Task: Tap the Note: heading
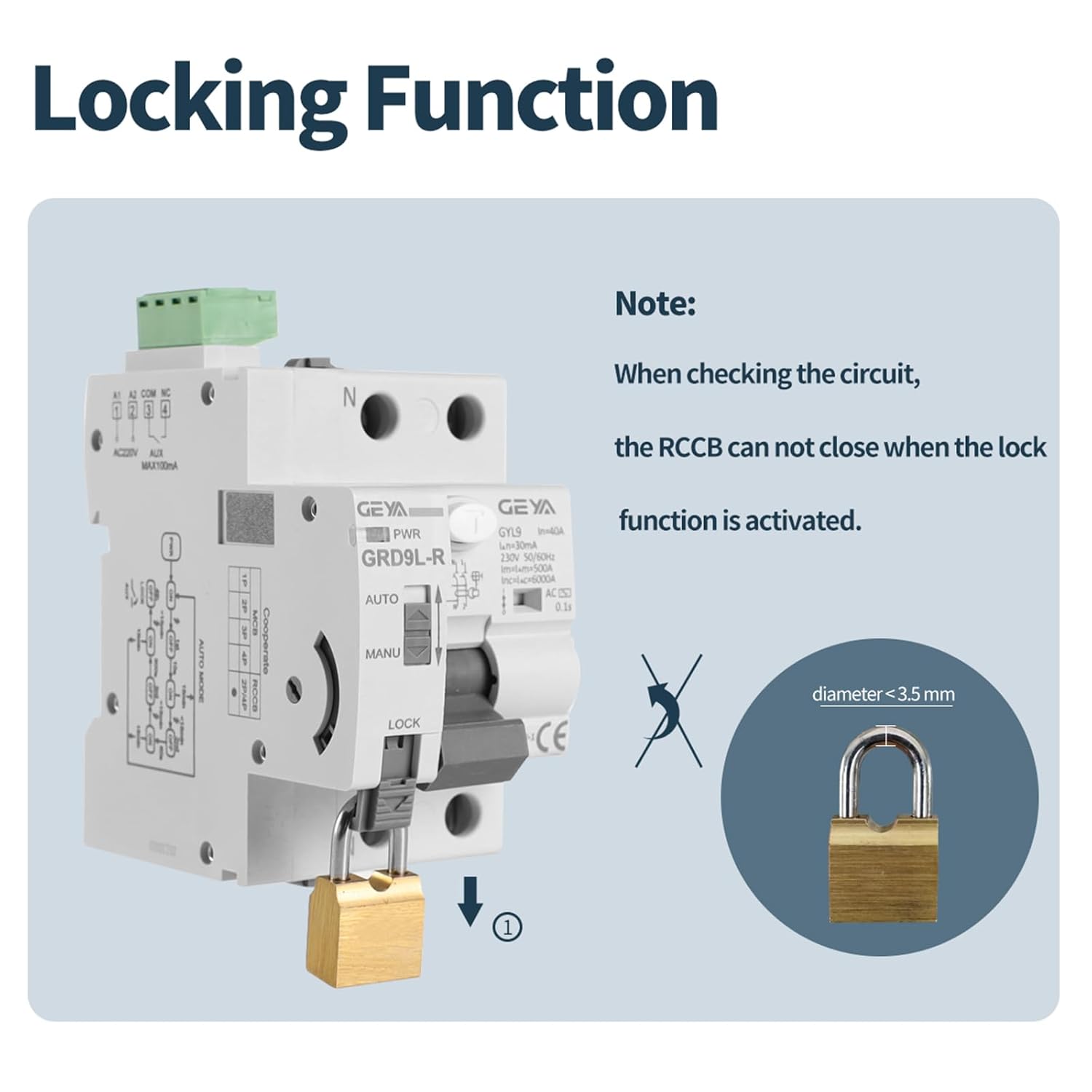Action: pos(654,304)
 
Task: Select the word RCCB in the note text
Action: pos(690,447)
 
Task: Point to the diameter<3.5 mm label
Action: pos(882,694)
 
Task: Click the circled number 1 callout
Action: pos(507,927)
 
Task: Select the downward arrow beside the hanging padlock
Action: pos(471,901)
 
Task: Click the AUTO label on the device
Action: pos(381,599)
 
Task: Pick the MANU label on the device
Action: pos(382,654)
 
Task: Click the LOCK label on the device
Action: pos(403,723)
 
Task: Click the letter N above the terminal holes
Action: pos(349,397)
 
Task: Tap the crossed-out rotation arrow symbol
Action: pos(670,711)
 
